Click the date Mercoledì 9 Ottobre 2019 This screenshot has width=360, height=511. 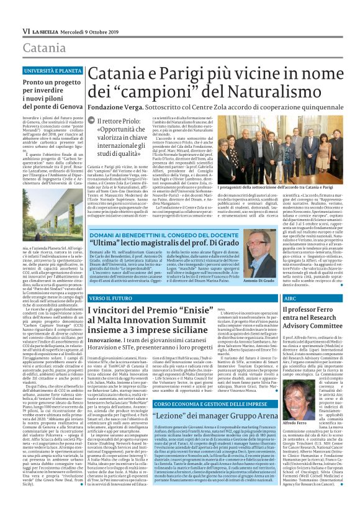click(92, 30)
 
